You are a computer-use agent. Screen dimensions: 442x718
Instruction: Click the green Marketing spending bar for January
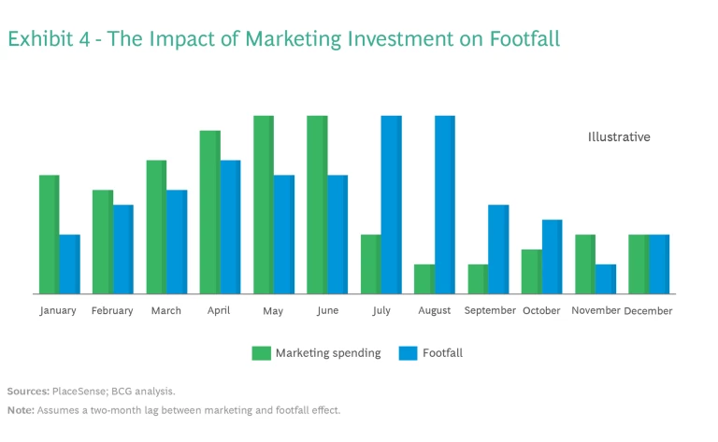coord(49,235)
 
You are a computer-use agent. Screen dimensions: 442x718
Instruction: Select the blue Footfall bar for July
coord(391,205)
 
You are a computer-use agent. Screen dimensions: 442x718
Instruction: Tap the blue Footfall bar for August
coord(445,205)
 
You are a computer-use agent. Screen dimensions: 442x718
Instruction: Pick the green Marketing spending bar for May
coord(264,205)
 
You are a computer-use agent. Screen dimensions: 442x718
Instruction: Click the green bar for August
coord(424,279)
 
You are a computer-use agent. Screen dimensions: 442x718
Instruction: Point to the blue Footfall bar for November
coord(606,279)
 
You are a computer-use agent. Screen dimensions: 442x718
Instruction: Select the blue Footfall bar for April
coord(230,227)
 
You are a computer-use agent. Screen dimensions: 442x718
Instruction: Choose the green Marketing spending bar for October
coord(532,272)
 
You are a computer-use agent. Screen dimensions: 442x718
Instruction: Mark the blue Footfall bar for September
coord(498,250)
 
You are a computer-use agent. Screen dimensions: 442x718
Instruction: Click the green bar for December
coord(639,264)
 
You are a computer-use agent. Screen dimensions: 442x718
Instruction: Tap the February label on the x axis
coord(112,311)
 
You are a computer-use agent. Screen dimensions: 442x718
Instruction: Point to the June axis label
coord(327,311)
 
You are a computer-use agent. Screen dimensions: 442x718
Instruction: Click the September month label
coord(490,311)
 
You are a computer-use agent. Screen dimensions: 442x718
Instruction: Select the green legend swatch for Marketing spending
coord(261,353)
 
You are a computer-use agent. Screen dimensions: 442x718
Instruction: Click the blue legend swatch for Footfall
coord(408,353)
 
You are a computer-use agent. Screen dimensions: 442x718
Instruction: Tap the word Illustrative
coord(619,137)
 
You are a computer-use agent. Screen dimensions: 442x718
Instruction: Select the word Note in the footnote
coord(20,410)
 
